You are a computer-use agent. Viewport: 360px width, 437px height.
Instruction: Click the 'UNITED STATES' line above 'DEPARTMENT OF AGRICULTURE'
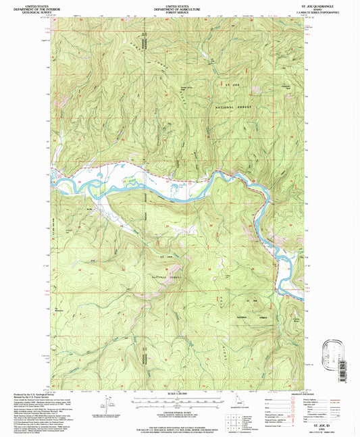coord(180,5)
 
